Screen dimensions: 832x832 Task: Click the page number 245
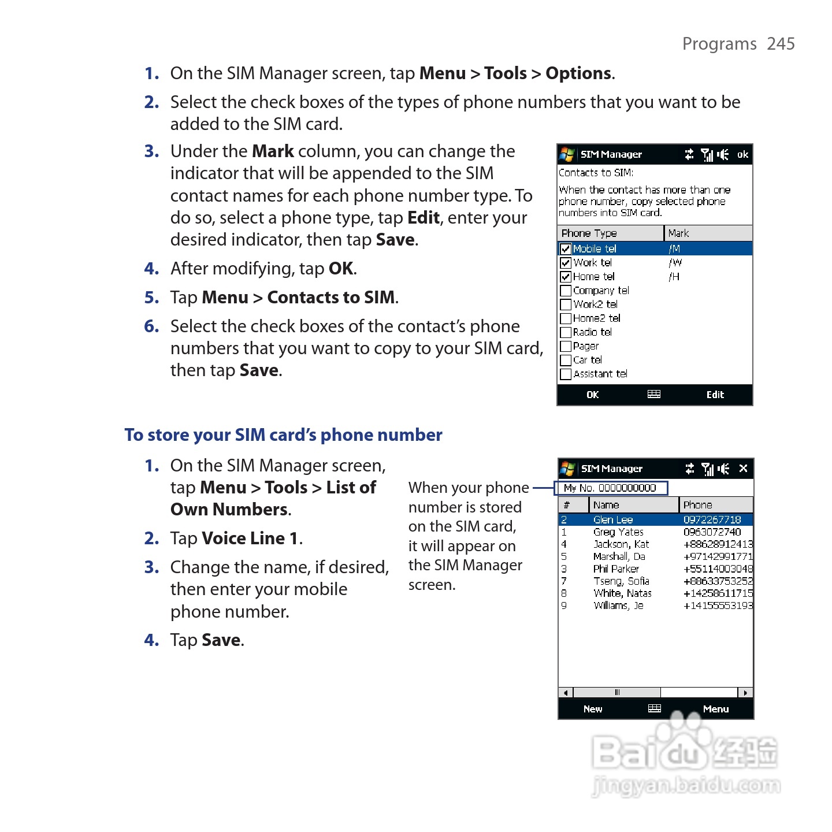point(781,44)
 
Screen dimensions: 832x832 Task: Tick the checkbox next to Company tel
point(566,291)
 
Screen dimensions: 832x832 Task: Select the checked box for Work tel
point(566,263)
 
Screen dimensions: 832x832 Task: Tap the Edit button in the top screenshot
point(715,395)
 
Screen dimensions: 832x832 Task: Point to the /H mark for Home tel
point(674,277)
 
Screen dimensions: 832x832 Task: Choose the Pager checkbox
point(566,346)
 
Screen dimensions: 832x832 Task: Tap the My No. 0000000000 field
point(610,488)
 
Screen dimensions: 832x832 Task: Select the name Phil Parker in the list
point(615,569)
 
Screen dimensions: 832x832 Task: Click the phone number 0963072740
point(712,532)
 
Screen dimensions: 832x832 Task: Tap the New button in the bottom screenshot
point(592,709)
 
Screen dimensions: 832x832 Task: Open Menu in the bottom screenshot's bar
point(716,709)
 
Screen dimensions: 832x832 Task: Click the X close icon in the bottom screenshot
point(743,469)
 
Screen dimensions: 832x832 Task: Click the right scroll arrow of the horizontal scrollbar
point(745,692)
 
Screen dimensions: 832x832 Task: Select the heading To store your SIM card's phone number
point(283,435)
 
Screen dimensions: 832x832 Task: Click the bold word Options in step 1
point(578,73)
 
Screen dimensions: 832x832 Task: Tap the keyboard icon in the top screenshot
point(653,395)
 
